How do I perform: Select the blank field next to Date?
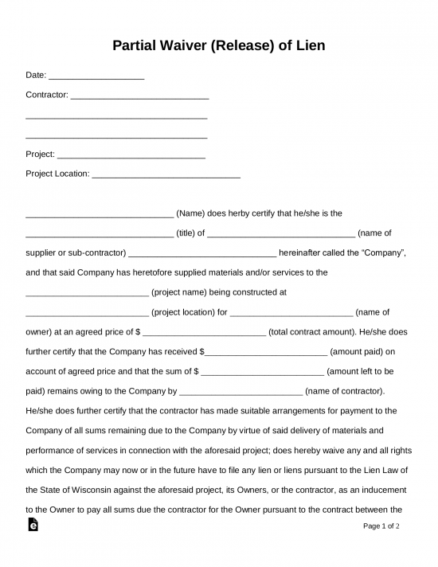coord(96,77)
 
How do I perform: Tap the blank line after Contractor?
coord(139,96)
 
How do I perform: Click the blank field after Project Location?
coord(166,174)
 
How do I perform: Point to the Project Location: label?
coord(57,174)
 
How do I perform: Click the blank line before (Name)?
coord(100,213)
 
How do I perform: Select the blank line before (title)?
coord(100,233)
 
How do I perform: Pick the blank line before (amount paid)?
coord(265,351)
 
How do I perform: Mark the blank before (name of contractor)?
coord(241,391)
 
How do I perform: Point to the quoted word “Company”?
coord(384,253)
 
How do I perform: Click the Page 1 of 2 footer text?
coord(381,526)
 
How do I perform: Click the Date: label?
coord(36,77)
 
